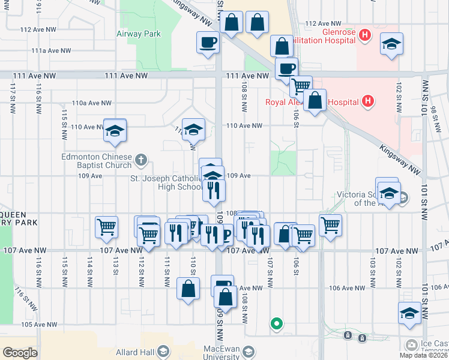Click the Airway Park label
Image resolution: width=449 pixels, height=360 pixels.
coord(139,34)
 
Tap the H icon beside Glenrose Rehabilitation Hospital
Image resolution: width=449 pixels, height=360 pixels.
coord(364,35)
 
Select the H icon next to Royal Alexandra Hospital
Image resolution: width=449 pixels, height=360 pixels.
coord(369,101)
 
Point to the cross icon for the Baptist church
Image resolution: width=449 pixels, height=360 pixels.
coord(141,160)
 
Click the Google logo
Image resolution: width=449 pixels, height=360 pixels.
coord(20,352)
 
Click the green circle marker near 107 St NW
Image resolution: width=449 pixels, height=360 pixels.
coord(276,324)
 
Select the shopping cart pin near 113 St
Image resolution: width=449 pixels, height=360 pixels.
coord(106,227)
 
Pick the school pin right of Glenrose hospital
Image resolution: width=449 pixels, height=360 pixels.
coord(391,44)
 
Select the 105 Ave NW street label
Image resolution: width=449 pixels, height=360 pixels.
coord(39,325)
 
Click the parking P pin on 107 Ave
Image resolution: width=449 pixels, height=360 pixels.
coord(224,235)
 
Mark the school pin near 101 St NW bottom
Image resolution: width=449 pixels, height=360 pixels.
coord(409,313)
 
